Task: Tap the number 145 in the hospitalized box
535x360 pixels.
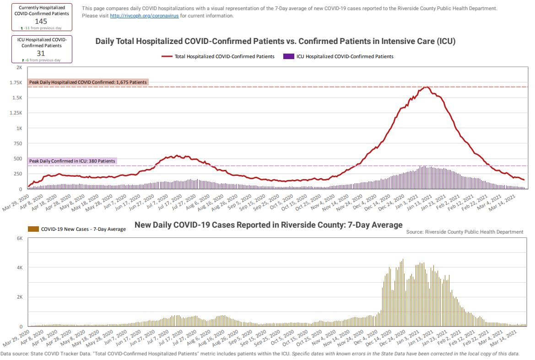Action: (41, 21)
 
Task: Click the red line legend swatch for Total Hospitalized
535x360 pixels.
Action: (167, 57)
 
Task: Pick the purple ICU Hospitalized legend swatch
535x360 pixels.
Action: (288, 57)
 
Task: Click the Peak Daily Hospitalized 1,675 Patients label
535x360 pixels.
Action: (88, 82)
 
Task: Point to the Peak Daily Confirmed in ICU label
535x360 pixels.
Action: (72, 161)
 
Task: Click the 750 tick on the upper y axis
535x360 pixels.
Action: (17, 143)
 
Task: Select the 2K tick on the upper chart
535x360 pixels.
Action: (19, 67)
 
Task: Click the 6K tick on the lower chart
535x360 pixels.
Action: (19, 238)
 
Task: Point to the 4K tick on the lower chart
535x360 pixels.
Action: (19, 267)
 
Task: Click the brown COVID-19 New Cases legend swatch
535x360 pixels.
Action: (33, 229)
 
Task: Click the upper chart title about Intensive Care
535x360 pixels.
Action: (275, 41)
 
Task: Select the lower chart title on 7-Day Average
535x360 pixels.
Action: (268, 225)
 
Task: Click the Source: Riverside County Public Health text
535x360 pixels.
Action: (465, 232)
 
